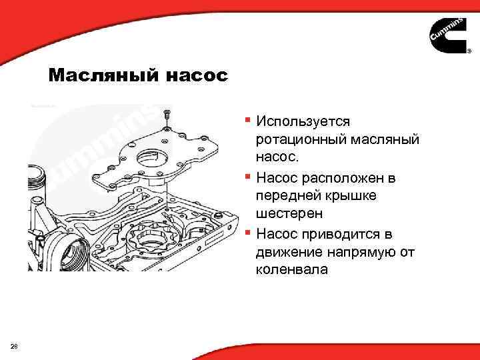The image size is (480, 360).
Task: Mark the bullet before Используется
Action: [247, 121]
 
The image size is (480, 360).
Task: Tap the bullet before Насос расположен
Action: [247, 177]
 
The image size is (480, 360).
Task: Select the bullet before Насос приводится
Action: [247, 233]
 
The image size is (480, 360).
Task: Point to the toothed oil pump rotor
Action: [149, 241]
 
